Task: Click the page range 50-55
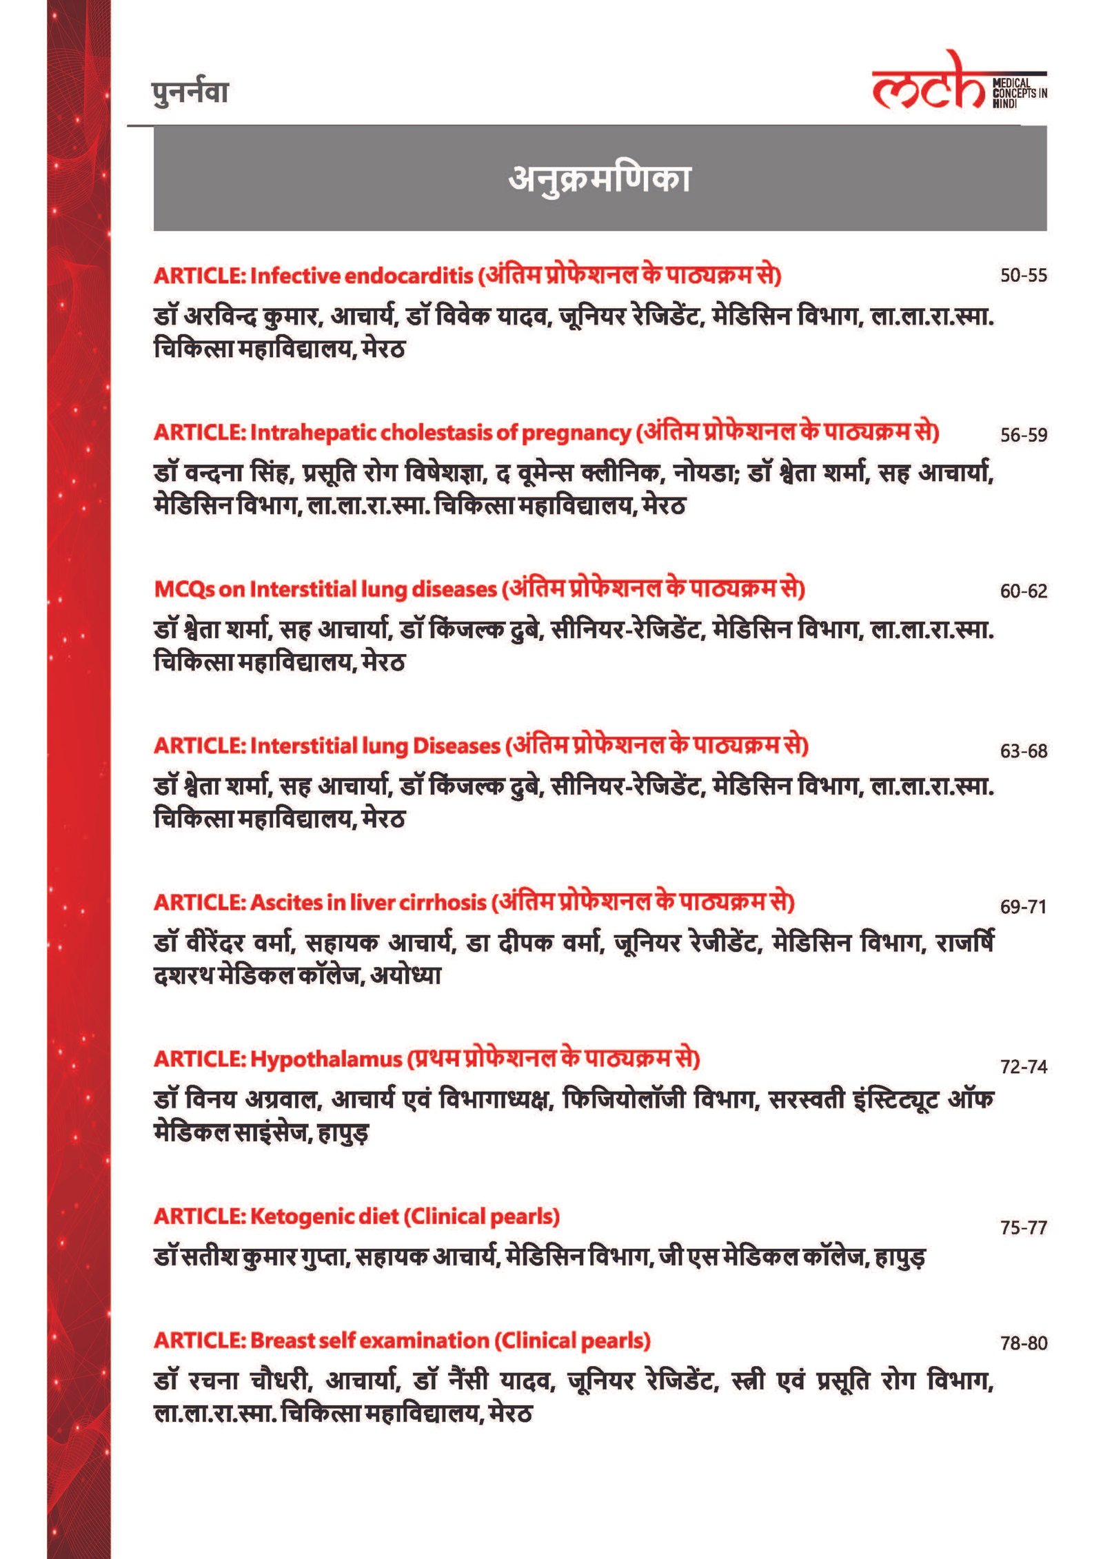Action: point(1023,276)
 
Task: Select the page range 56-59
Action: point(1023,435)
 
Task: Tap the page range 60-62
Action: point(1023,591)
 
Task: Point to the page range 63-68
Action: point(1023,751)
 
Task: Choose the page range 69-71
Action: point(1023,907)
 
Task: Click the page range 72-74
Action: point(1023,1067)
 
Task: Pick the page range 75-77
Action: point(1023,1227)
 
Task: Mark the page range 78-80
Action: point(1023,1343)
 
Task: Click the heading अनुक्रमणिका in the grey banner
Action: point(599,179)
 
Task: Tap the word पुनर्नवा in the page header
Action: point(190,93)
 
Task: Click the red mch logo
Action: point(928,84)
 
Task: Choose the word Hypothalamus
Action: point(325,1059)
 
